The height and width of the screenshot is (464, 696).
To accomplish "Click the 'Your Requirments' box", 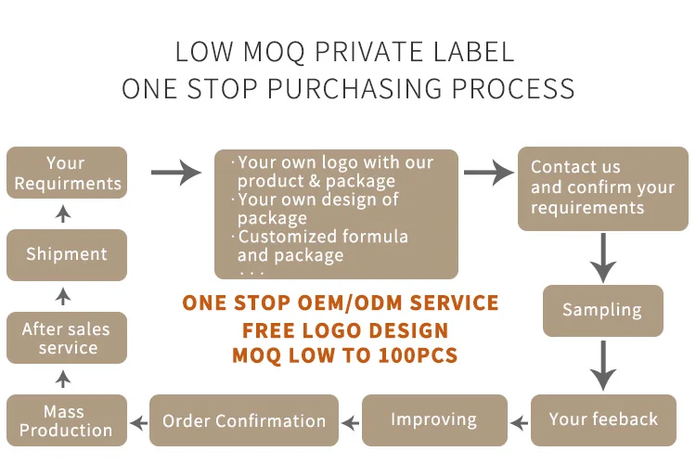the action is (67, 173).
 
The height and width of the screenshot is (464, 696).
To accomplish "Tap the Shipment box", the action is (67, 254).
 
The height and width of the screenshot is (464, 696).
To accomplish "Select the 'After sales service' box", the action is (67, 338).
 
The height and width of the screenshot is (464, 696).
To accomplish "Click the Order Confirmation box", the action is (244, 420).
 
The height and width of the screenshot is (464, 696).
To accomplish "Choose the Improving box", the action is (433, 419).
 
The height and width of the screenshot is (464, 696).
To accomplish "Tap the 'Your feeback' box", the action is (603, 419).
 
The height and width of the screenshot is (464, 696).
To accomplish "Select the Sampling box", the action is (602, 310).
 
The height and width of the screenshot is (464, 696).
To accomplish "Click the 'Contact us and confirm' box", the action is (602, 188).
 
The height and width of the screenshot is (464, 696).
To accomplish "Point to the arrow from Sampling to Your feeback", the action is (603, 366).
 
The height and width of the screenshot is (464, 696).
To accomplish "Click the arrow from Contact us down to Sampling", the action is (603, 257).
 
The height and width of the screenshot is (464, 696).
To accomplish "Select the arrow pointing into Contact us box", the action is (488, 172).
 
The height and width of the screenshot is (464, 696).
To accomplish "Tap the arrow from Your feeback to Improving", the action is (519, 422).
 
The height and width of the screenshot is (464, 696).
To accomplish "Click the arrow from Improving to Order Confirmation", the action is (349, 422).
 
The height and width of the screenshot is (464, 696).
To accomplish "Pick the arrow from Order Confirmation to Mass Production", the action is (137, 423).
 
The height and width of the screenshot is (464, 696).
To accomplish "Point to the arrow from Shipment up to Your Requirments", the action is (63, 214).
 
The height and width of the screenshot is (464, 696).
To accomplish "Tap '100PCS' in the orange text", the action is (415, 354).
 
